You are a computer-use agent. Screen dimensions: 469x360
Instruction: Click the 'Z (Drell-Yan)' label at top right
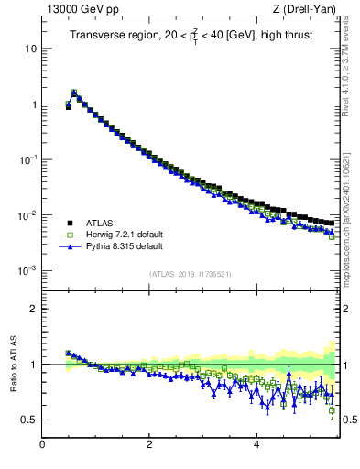pos(309,9)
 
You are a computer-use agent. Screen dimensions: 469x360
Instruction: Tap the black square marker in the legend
pos(69,223)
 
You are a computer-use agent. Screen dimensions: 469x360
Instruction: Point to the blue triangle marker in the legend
pos(69,246)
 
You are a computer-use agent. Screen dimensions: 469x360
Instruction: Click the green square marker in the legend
pos(69,234)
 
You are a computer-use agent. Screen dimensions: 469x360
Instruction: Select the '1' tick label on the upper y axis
pos(33,104)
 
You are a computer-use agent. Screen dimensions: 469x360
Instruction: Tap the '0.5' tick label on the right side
pos(350,420)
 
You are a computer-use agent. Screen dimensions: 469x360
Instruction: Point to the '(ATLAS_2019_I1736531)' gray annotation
pos(191,274)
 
